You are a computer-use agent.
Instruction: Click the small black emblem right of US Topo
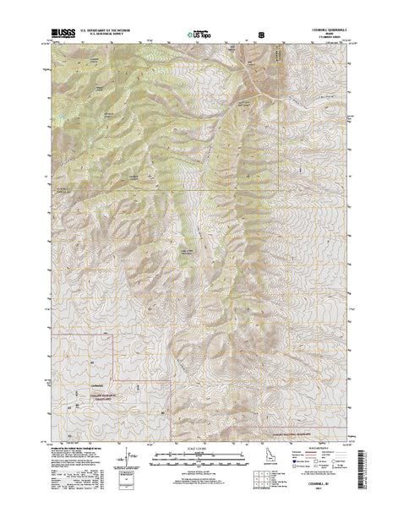(x=261, y=35)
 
